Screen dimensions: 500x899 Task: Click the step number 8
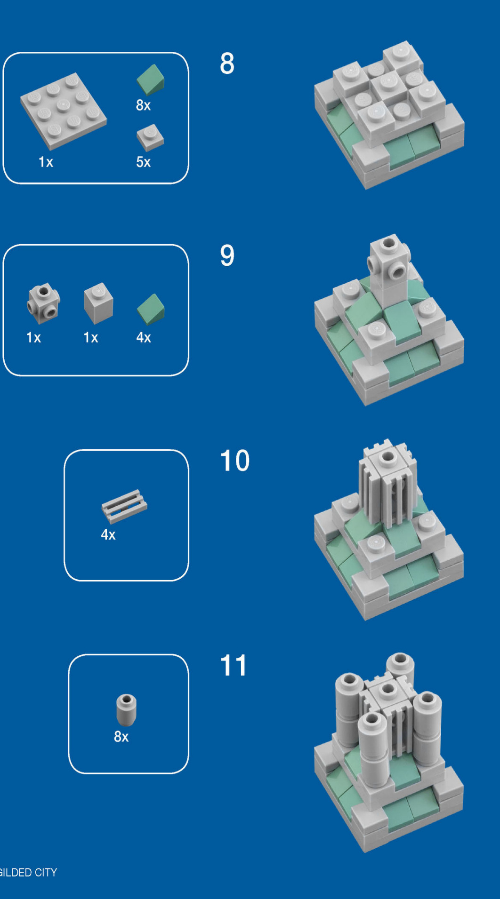click(227, 64)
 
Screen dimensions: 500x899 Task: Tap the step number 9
click(227, 255)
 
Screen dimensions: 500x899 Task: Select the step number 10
click(234, 461)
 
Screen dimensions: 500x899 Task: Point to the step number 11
click(234, 665)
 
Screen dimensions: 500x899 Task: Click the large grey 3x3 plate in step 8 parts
click(63, 111)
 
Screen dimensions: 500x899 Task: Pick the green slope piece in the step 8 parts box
click(151, 80)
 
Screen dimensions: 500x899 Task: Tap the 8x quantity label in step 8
click(143, 105)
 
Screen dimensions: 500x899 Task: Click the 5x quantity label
click(143, 162)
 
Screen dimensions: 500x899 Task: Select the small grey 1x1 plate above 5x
click(150, 138)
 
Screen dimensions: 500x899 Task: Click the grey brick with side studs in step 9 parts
click(43, 303)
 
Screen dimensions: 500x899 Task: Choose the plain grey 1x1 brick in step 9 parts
click(98, 303)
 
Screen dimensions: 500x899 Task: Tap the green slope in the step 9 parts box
click(151, 310)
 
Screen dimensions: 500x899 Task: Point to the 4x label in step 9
click(144, 338)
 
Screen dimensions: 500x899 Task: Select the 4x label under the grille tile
click(108, 535)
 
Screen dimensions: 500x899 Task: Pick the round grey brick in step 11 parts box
click(126, 709)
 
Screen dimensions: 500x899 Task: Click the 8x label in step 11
click(121, 737)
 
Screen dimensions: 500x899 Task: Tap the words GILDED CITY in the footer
click(28, 873)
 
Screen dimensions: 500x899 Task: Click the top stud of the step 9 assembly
click(388, 243)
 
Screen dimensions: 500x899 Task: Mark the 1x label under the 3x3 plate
click(46, 162)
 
